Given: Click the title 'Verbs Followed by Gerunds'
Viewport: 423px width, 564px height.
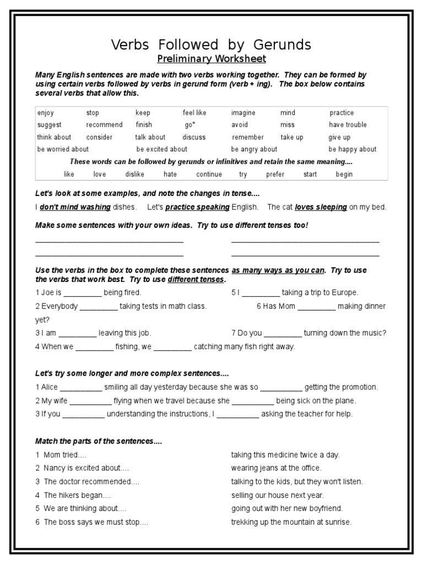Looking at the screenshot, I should tap(211, 45).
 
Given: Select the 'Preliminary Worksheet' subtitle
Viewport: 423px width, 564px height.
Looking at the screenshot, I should tap(211, 59).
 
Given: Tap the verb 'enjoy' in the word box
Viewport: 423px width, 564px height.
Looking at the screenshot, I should tap(46, 113).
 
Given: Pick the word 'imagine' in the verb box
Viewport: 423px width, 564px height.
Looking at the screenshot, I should tap(243, 113).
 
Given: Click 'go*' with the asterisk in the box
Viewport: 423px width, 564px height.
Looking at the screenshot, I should tap(191, 125).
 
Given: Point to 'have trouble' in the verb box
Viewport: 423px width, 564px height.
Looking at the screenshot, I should tap(348, 125).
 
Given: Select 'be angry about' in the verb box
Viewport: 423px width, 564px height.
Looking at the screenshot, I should tap(254, 149).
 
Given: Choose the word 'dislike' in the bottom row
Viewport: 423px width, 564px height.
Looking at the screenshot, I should tap(134, 175).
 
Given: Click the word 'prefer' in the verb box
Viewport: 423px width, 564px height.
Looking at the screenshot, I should tap(275, 175).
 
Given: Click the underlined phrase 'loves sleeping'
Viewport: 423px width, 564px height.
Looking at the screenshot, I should tap(321, 208).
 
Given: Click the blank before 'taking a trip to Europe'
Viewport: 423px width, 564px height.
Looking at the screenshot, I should tap(261, 293).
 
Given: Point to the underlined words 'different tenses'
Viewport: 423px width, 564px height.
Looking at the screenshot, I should tap(196, 280).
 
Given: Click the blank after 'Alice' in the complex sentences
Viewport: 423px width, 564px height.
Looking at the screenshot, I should tap(81, 387).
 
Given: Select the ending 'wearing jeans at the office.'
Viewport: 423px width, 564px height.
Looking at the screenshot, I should tap(276, 469).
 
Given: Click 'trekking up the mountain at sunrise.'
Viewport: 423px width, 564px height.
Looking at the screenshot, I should tap(291, 522).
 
